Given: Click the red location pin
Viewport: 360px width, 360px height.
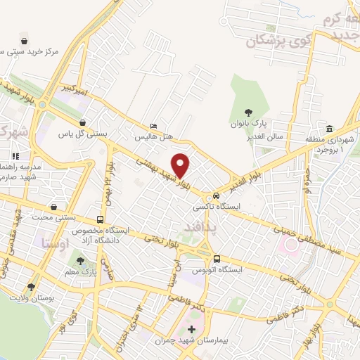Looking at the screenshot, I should tap(181, 165).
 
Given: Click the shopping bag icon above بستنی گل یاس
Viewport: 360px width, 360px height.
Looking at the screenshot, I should tap(83, 123).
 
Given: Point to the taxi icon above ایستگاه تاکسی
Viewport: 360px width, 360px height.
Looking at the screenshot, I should tap(216, 195).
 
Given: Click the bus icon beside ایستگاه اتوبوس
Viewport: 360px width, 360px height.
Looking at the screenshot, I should tap(217, 258).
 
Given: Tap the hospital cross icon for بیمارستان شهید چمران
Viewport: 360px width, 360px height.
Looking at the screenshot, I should tap(191, 328).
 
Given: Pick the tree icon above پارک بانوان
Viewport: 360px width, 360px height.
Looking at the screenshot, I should tap(247, 112).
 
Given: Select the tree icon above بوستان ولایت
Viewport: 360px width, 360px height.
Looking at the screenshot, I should tap(30, 287).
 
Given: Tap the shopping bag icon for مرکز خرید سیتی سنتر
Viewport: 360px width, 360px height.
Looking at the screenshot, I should tap(25, 41).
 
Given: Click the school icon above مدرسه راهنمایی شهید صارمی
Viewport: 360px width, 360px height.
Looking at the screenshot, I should tap(16, 156).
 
